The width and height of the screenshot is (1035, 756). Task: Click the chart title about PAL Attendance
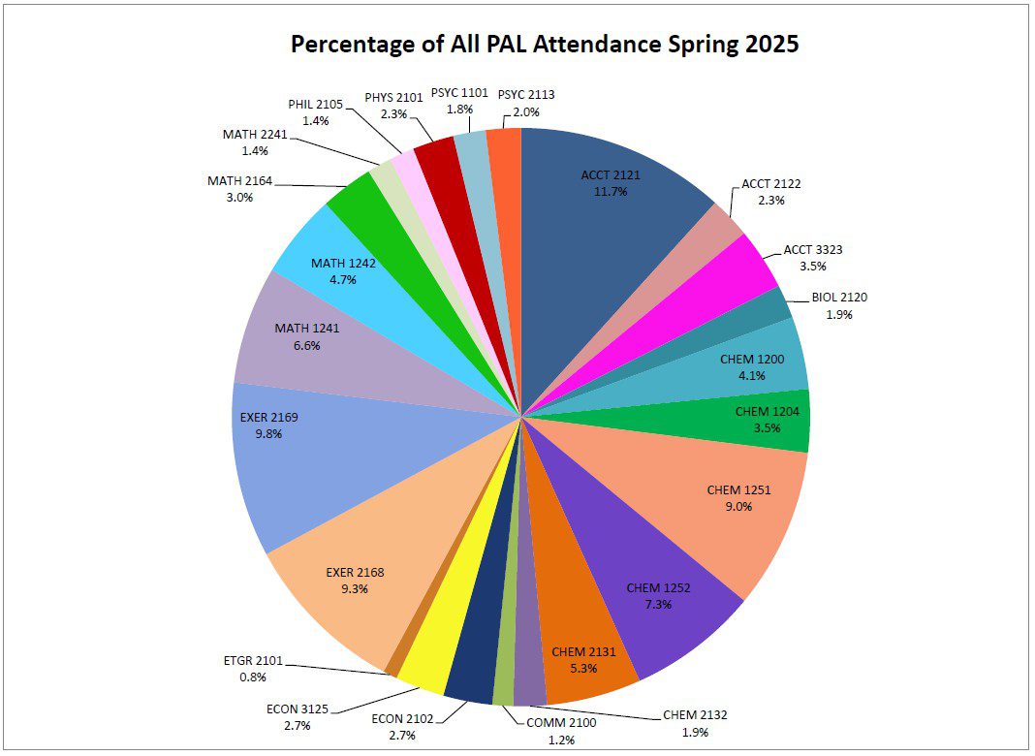pyautogui.click(x=545, y=45)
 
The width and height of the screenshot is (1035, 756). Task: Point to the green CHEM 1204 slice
pyautogui.click(x=766, y=420)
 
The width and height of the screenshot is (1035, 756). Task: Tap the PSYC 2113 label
pyautogui.click(x=525, y=94)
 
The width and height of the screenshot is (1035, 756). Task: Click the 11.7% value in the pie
pyautogui.click(x=611, y=192)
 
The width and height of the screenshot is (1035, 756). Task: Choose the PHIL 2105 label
pyautogui.click(x=316, y=104)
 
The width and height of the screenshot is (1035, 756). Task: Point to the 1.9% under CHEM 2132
pyautogui.click(x=695, y=732)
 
